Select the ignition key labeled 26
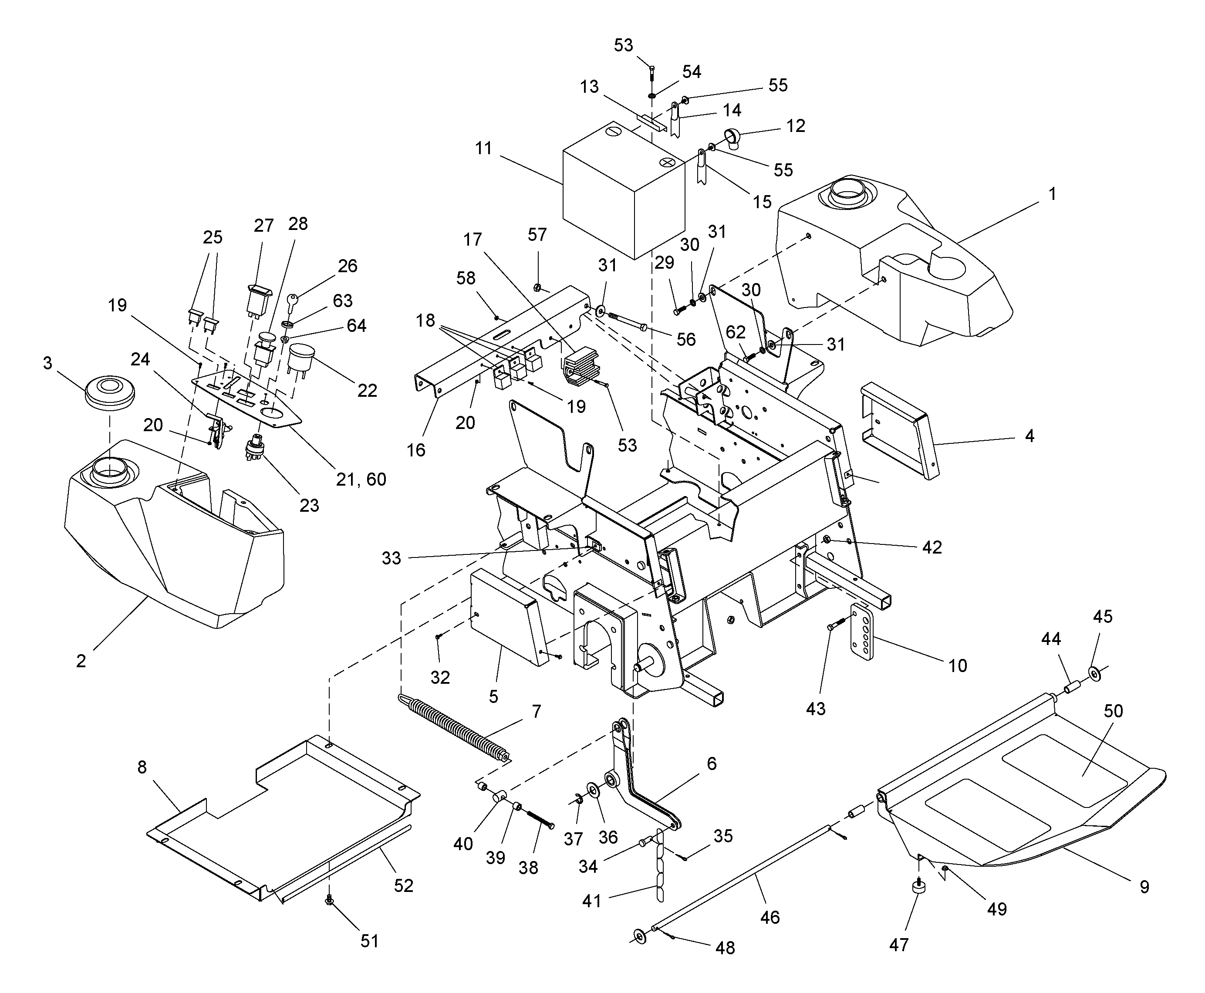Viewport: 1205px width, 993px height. click(x=292, y=301)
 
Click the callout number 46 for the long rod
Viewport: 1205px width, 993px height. click(x=770, y=918)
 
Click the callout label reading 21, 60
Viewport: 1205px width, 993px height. click(x=361, y=480)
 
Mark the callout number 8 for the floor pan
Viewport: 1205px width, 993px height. click(x=142, y=767)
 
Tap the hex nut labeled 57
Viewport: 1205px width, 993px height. click(x=537, y=287)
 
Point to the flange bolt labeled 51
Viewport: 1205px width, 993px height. click(x=329, y=901)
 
